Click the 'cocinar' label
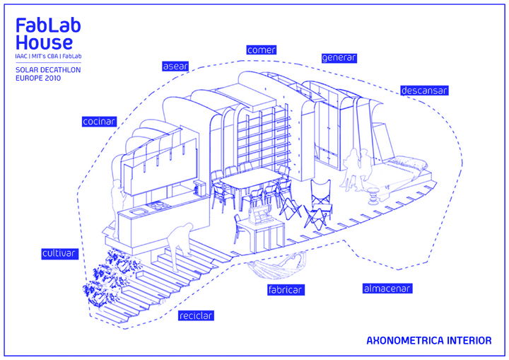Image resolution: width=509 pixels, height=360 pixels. click(99, 122)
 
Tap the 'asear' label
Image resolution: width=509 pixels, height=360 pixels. click(175, 66)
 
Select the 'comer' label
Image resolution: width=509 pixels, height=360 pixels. click(261, 50)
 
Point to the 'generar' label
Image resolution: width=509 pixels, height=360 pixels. click(339, 58)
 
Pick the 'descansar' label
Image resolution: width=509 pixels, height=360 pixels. click(424, 91)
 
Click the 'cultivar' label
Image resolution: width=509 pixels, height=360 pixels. click(59, 253)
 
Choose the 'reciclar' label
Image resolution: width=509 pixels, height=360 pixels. click(196, 315)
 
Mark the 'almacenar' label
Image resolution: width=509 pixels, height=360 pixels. click(386, 289)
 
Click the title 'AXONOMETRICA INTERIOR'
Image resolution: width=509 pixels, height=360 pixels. click(428, 341)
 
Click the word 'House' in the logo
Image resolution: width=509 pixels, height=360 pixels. click(43, 42)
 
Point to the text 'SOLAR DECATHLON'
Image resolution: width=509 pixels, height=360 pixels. click(47, 70)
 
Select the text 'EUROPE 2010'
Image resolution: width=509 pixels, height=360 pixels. click(38, 79)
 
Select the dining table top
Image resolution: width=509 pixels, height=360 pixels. click(247, 176)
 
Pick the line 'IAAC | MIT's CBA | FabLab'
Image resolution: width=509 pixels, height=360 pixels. click(47, 56)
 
